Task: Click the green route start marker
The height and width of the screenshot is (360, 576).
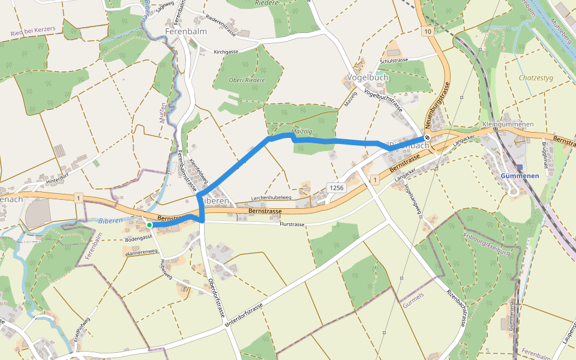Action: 149,225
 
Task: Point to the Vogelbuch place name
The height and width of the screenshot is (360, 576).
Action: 368,77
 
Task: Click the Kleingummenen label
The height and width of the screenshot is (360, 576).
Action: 508,124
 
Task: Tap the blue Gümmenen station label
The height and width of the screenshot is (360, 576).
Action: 520,176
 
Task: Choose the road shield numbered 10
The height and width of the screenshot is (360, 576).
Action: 427,31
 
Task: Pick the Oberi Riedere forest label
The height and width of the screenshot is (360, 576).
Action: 247,80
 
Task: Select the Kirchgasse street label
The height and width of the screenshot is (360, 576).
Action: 226,52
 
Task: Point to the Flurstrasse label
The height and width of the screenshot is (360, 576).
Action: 293,224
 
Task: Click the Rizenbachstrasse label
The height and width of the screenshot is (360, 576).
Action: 457,307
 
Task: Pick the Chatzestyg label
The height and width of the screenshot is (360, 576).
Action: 536,78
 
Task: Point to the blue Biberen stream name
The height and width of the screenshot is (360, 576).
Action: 110,220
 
